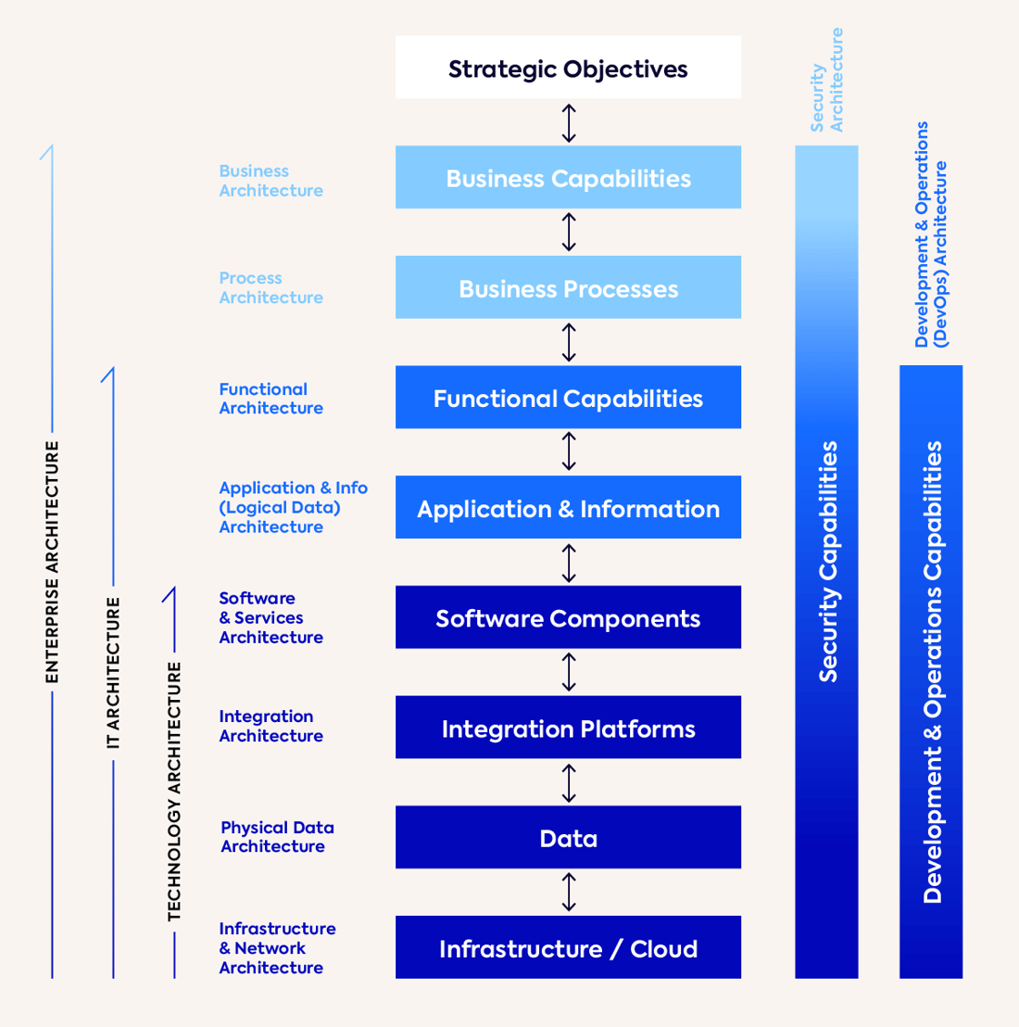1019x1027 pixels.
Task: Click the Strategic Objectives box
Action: pos(568,68)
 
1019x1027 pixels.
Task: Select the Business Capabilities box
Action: pos(568,177)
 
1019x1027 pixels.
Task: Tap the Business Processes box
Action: pos(568,287)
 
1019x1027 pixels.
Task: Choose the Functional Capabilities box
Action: pos(568,398)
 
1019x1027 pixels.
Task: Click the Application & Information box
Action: pos(568,508)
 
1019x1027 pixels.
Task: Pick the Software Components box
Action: pos(568,617)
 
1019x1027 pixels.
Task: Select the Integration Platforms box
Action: pos(568,728)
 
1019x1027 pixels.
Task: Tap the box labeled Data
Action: pos(568,838)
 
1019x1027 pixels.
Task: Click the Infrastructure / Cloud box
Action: pos(568,947)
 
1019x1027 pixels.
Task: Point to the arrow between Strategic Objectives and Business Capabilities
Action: pos(569,122)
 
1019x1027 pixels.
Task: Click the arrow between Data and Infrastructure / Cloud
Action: pos(569,892)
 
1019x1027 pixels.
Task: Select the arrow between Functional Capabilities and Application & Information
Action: pos(569,451)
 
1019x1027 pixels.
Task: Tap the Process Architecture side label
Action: pos(270,287)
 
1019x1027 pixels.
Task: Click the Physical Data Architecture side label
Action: pos(276,837)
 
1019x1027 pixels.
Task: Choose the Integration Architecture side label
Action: pos(270,726)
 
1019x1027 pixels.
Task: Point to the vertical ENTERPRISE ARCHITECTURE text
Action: pos(52,562)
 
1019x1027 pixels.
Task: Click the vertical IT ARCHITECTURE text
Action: pos(113,673)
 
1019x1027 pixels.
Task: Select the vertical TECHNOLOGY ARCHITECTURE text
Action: pos(174,792)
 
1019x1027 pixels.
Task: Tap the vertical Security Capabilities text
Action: pos(827,562)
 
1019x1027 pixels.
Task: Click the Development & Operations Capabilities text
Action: pos(932,671)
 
